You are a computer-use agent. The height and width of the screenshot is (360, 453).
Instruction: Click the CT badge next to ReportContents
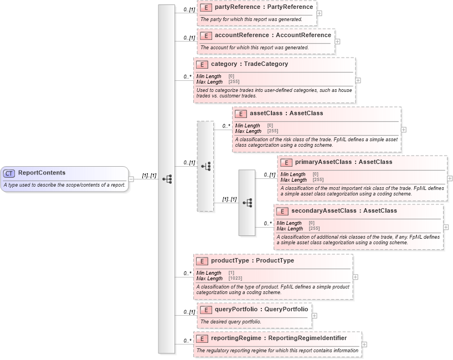pyautogui.click(x=9, y=173)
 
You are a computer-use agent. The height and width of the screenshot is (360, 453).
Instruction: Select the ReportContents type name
pyautogui.click(x=42, y=173)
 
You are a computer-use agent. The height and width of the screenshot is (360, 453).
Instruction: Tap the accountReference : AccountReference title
pyautogui.click(x=272, y=35)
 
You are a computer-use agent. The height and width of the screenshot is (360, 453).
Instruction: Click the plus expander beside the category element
pyautogui.click(x=358, y=80)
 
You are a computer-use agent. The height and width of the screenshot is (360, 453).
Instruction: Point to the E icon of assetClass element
pyautogui.click(x=241, y=114)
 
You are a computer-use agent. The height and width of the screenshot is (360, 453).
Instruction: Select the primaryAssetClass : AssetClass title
pyautogui.click(x=343, y=162)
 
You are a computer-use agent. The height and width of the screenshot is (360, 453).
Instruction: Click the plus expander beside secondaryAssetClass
pyautogui.click(x=446, y=227)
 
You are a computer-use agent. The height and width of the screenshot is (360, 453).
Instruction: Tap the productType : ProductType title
pyautogui.click(x=252, y=260)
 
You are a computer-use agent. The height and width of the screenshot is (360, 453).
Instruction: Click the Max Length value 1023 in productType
pyautogui.click(x=235, y=278)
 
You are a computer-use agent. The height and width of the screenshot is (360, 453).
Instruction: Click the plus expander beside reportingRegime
pyautogui.click(x=364, y=344)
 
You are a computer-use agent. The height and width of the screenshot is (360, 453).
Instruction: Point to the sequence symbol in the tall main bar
pyautogui.click(x=167, y=179)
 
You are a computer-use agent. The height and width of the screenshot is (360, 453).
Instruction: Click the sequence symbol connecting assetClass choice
pyautogui.click(x=205, y=166)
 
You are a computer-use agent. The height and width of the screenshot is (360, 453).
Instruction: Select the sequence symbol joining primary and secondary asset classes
pyautogui.click(x=247, y=203)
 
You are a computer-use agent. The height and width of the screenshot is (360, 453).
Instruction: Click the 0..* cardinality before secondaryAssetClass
pyautogui.click(x=267, y=223)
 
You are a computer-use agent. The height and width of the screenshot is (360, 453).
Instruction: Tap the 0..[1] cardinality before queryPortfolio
pyautogui.click(x=189, y=312)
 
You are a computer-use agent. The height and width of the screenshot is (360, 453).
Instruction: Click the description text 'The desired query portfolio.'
pyautogui.click(x=231, y=322)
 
